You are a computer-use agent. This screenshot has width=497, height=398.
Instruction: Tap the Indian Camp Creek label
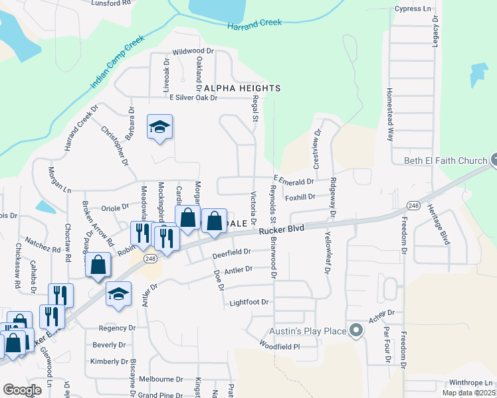pos(117,64)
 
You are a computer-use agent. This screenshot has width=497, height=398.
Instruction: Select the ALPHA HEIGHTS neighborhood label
pos(242,88)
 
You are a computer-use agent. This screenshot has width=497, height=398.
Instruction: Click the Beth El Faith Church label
pos(446,160)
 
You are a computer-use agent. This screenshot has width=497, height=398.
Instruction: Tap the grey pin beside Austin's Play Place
pos(356,330)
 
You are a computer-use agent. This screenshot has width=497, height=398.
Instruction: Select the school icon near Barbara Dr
pos(159,127)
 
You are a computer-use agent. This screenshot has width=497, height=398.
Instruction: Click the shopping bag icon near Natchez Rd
pos(98,265)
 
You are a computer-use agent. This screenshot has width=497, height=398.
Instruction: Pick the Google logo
pos(22,389)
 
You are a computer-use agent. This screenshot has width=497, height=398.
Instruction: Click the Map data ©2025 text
pos(468,393)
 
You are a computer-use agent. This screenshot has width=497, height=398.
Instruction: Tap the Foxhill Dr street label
pos(300,197)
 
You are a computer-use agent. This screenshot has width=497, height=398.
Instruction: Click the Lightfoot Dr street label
pos(248,302)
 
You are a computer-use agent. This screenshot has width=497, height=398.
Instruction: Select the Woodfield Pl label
pos(280,346)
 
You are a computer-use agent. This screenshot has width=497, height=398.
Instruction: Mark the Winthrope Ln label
pos(471,383)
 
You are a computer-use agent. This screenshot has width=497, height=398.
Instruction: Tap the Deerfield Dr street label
pos(231,252)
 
